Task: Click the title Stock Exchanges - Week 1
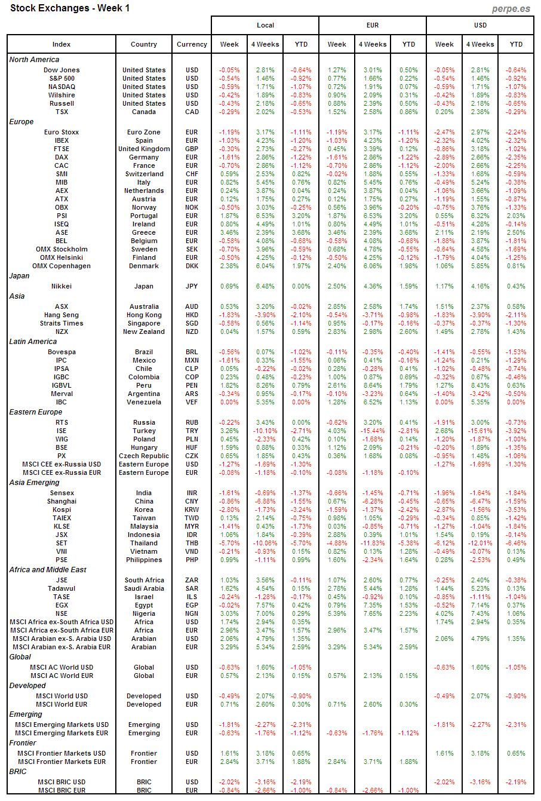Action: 70,8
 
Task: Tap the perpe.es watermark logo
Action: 512,8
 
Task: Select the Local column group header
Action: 265,25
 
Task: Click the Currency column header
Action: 192,44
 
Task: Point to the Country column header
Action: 144,44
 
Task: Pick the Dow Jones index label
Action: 62,70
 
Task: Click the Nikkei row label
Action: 62,286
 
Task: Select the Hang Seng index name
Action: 62,315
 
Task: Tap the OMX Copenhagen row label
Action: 62,266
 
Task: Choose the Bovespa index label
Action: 62,352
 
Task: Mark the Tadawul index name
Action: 62,588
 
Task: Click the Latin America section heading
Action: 33,342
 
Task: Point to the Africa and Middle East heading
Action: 48,570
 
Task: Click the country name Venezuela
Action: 144,402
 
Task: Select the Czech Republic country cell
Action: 144,456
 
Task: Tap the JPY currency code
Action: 192,286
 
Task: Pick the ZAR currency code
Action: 192,580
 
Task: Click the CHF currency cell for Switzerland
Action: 192,174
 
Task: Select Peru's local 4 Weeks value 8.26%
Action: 265,385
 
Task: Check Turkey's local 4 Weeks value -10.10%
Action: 265,431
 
